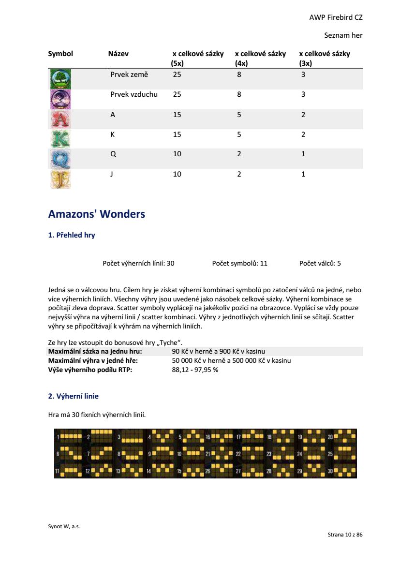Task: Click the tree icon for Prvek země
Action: (60, 79)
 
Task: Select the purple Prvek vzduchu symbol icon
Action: (60, 99)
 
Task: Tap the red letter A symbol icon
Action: (60, 119)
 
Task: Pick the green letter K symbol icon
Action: (60, 139)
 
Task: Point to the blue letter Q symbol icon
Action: (60, 159)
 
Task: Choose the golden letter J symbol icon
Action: (60, 179)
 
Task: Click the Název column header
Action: (118, 54)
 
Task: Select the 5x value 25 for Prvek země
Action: (177, 74)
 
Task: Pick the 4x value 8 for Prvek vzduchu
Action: (239, 94)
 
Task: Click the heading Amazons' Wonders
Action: (97, 214)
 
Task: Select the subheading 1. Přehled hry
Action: (72, 236)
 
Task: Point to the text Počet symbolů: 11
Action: (239, 263)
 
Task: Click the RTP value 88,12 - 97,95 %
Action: (195, 370)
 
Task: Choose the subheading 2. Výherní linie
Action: (74, 396)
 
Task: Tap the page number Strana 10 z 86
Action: (345, 535)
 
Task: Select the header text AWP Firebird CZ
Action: (336, 17)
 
